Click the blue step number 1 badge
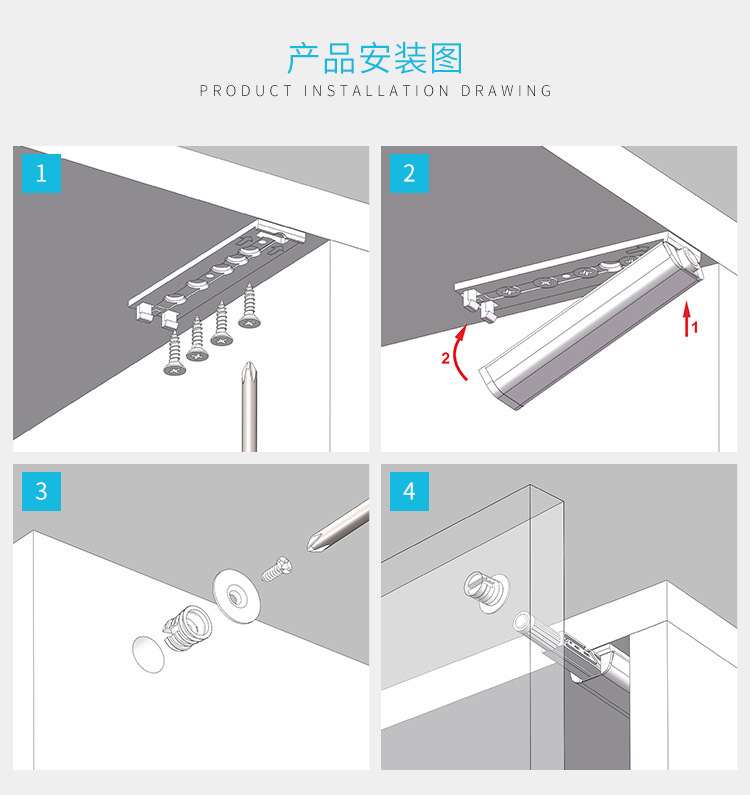(41, 173)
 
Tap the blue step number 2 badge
(409, 173)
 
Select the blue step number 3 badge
(41, 491)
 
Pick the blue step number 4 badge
(409, 491)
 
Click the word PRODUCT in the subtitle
(246, 91)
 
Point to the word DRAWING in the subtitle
(506, 91)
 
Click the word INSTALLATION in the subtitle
(376, 91)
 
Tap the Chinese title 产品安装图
(375, 58)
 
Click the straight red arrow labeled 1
(687, 318)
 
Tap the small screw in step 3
(277, 569)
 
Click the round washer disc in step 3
(236, 596)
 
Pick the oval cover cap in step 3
(149, 654)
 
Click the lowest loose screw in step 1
(175, 354)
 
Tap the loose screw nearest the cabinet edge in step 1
(249, 306)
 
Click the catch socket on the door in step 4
(486, 591)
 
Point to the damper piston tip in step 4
(521, 622)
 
